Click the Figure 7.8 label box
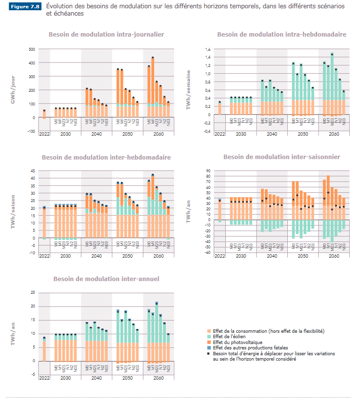tap(26, 7)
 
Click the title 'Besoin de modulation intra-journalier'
tap(106, 35)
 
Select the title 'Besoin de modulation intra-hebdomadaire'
tap(281, 35)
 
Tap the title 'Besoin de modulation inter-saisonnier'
tap(281, 157)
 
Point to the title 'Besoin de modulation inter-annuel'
tap(106, 279)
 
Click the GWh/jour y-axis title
tap(14, 90)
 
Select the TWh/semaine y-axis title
tap(188, 90)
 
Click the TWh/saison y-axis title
tap(14, 211)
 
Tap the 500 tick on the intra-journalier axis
tap(32, 49)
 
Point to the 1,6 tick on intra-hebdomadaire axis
tap(207, 49)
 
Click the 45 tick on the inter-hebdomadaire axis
tap(33, 171)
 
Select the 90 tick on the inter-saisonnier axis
tap(207, 171)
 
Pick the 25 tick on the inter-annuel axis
tap(33, 292)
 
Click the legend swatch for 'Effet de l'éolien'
tap(209, 336)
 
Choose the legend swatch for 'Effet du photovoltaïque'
tap(209, 342)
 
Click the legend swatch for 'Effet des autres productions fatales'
tap(209, 347)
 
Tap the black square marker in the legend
tap(209, 353)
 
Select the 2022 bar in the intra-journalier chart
tap(44, 114)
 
